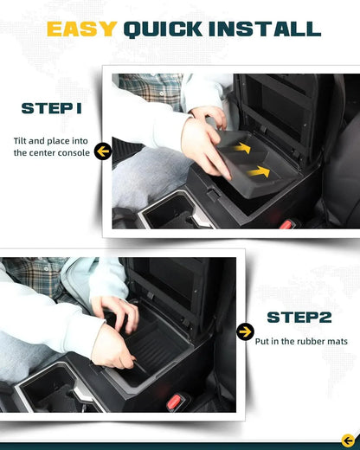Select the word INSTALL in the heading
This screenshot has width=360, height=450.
267,29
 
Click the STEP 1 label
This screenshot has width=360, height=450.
52,109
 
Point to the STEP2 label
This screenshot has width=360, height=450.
299,318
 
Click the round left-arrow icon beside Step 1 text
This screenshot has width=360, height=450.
103,152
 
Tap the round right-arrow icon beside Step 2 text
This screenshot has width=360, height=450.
245,331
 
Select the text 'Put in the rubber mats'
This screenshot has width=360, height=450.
301,341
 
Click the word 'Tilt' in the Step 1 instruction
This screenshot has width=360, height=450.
22,139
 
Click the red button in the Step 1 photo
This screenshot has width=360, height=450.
287,225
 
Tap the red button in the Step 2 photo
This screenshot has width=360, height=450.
179,400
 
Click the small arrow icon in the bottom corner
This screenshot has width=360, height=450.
348,440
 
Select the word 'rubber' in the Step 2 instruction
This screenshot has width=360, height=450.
307,341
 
